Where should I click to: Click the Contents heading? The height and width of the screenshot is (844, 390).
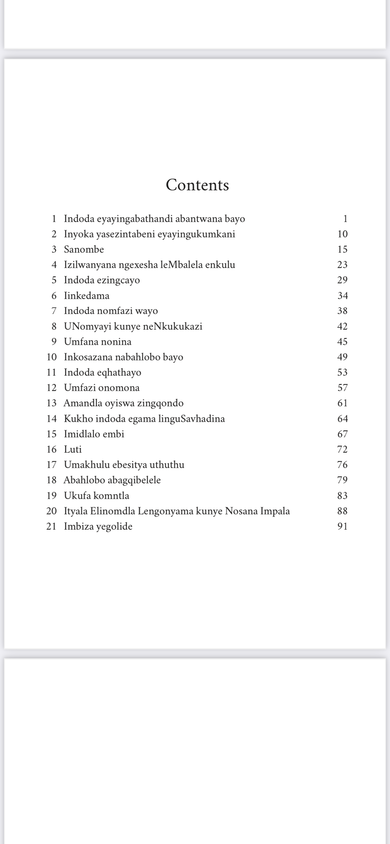tap(197, 185)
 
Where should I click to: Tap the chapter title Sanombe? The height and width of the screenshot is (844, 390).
tap(84, 249)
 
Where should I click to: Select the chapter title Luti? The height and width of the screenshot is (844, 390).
tap(73, 449)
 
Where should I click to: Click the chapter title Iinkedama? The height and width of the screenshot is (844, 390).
tap(87, 296)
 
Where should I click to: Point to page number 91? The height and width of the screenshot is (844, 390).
tap(342, 526)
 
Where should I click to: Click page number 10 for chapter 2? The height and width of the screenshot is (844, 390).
tap(342, 234)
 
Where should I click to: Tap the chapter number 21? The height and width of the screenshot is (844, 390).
tap(51, 526)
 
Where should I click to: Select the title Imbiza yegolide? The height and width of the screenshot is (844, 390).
tap(98, 526)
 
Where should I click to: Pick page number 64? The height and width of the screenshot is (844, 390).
tap(342, 419)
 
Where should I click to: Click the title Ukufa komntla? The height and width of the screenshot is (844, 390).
tap(96, 496)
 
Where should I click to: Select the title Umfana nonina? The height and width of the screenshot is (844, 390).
tap(98, 342)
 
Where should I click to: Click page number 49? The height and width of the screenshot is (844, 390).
tap(342, 357)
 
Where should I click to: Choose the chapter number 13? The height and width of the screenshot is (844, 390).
tap(51, 403)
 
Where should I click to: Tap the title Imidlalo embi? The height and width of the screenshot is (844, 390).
tap(94, 434)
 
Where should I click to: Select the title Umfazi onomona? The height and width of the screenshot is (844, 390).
tap(102, 388)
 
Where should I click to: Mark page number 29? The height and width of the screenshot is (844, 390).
tap(342, 280)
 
